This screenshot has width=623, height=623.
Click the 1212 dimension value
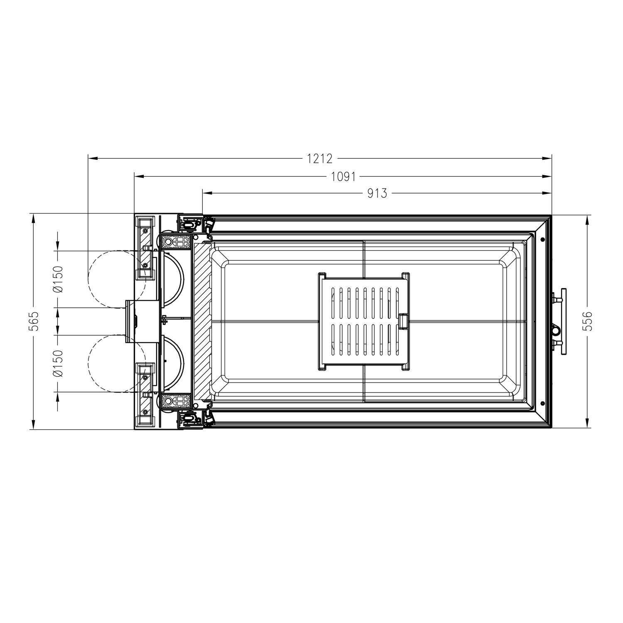coord(320,158)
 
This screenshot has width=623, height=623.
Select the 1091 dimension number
coord(343,177)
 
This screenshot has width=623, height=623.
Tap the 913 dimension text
coord(377,193)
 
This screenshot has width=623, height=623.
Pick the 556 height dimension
coord(587,321)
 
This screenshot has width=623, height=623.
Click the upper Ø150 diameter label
coord(58,279)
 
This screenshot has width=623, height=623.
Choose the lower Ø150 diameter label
coord(58,363)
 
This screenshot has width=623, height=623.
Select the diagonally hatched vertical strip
coord(201,322)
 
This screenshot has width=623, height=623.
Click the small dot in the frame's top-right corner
coord(542,240)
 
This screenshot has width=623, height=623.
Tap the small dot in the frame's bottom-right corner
coord(542,403)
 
